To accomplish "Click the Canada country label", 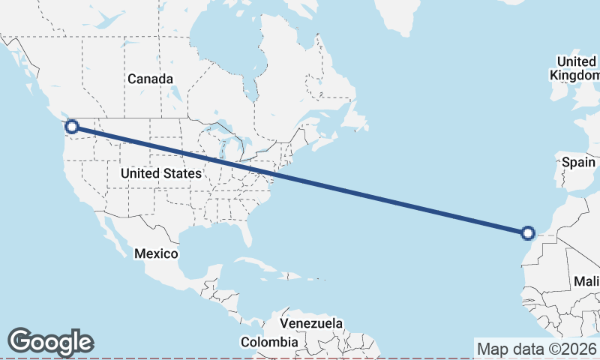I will (150, 79).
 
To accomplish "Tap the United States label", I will (160, 173).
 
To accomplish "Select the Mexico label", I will (156, 253).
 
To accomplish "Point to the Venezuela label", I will (311, 324).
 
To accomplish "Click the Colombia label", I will (268, 342).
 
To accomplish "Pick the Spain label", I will (578, 162).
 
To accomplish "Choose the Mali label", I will (586, 281).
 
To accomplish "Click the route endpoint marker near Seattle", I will (72, 126).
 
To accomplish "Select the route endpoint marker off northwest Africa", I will (528, 233).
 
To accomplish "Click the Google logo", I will (50, 342).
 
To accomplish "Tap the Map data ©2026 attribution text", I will (536, 349).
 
